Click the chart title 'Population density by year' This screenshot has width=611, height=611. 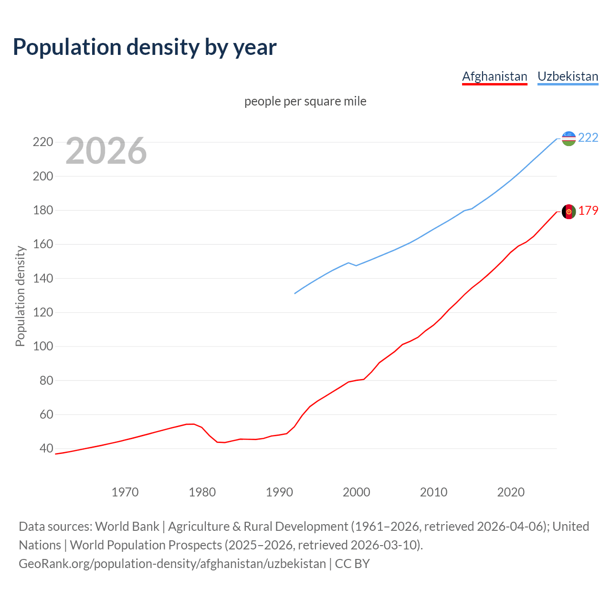click(145, 47)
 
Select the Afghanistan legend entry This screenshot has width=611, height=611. click(495, 76)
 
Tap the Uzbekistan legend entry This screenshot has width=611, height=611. click(568, 76)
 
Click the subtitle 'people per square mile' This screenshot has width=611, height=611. click(305, 101)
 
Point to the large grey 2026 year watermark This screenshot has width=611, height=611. click(106, 151)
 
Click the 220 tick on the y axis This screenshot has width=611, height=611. click(42, 142)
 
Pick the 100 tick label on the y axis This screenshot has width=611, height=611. click(42, 347)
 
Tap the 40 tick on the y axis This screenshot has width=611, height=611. click(46, 449)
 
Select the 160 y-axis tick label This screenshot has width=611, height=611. click(42, 244)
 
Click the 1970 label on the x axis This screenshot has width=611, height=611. click(125, 492)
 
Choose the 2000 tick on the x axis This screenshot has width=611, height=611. click(357, 492)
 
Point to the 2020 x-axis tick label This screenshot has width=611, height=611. click(511, 492)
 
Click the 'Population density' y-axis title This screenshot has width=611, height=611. click(20, 296)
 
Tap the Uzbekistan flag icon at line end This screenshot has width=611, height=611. click(569, 138)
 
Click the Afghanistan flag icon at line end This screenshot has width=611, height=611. click(569, 211)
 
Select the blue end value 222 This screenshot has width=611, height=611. click(588, 137)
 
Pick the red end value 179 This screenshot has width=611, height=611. click(588, 211)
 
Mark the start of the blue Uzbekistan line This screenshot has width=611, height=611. click(295, 293)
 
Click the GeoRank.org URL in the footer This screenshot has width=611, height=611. click(172, 564)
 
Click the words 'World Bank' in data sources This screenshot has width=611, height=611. click(127, 527)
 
